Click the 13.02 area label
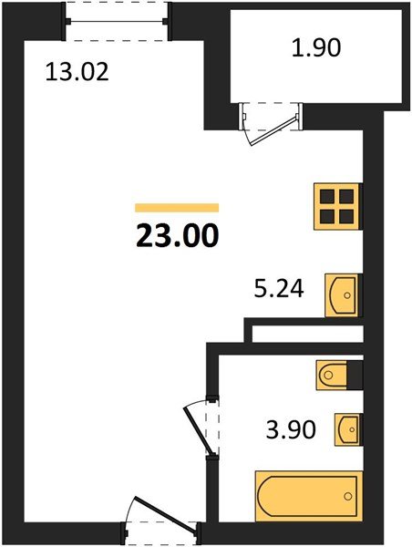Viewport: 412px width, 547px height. coord(77,72)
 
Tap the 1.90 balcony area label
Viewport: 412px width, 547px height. coord(316,47)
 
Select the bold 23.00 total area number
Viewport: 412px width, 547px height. coord(177,236)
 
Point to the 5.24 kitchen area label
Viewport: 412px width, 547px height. coord(279,289)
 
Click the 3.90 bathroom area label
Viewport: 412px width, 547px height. coord(291,429)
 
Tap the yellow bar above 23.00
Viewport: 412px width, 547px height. coord(177,208)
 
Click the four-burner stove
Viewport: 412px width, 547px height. coord(336,207)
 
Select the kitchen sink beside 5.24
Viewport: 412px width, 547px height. coord(342,295)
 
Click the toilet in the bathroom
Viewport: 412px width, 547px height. coord(333,375)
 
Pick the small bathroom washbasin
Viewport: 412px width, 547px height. coord(347,429)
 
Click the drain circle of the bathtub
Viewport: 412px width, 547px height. coord(348,496)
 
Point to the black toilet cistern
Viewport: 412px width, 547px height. coord(355,375)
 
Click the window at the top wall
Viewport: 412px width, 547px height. coord(117,22)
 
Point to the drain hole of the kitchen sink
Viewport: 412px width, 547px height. coord(347,295)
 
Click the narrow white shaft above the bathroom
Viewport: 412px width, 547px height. coord(308,334)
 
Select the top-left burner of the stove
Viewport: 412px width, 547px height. coord(327,197)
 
